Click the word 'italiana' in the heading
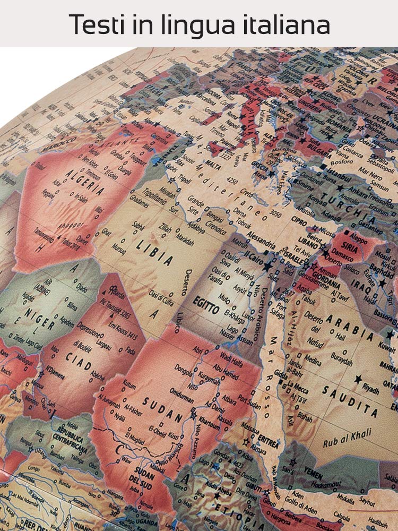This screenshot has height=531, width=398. coord(287,24)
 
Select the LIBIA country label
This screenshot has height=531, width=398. coord(154,253)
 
